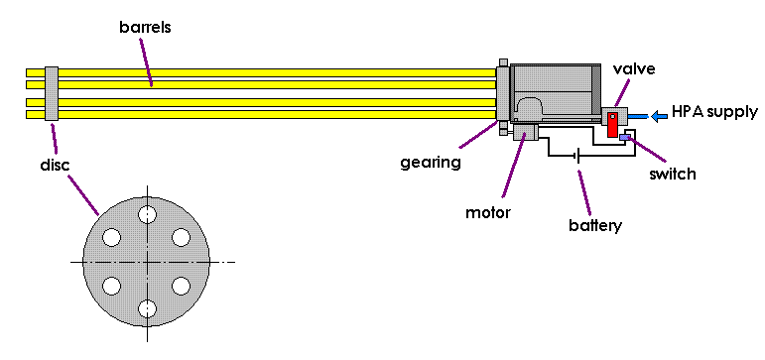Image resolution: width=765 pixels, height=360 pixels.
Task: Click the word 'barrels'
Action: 146,28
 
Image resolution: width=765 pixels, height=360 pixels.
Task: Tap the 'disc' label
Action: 54,165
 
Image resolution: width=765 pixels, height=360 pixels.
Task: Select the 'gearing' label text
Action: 431,162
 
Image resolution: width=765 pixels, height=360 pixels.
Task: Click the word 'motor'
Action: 487,212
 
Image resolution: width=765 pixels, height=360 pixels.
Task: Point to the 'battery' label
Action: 595,225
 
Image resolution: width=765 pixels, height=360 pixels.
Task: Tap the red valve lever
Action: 613,124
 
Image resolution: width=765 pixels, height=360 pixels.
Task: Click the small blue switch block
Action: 625,137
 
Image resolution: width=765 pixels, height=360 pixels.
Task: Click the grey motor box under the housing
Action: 525,132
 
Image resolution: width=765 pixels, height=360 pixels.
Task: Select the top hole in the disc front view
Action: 147,213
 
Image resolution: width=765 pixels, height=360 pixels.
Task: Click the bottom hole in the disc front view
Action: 147,308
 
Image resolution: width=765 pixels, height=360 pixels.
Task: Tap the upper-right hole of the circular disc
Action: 181,237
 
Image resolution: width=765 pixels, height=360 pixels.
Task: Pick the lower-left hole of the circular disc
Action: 112,286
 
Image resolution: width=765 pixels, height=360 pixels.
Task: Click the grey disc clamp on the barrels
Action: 52,93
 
